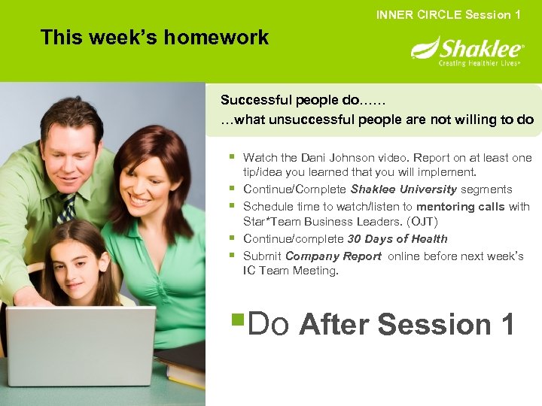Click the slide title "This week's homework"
point(154,38)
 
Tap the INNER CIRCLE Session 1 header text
point(449,15)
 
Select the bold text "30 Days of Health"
point(397,239)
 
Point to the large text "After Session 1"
point(407,325)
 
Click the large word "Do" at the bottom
point(268,325)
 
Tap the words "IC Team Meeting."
point(291,271)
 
